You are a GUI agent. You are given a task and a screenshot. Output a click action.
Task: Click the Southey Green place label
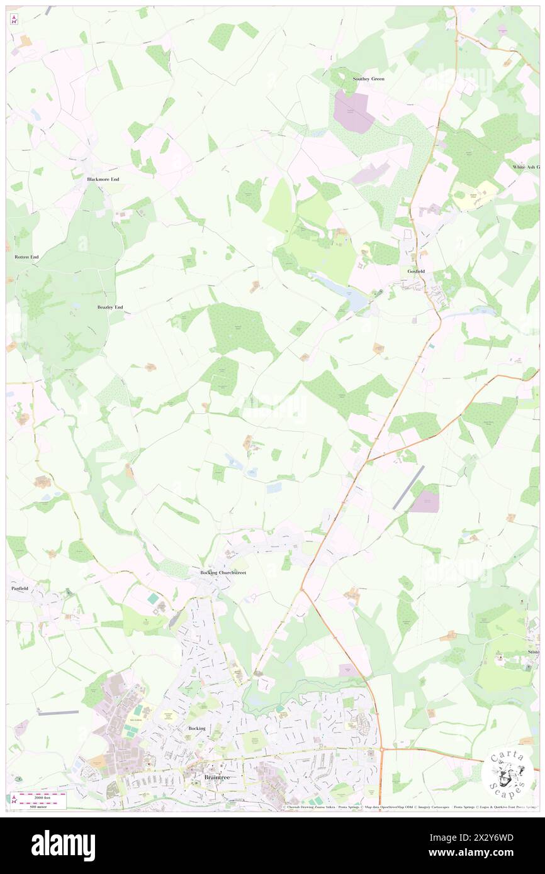click(368, 79)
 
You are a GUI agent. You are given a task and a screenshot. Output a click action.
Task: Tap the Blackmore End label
click(103, 179)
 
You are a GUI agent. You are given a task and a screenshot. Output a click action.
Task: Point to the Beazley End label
click(110, 307)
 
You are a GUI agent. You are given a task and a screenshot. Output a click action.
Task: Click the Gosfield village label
click(416, 271)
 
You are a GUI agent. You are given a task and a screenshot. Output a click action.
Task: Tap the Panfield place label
click(21, 589)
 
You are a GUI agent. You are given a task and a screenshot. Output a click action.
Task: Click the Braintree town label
click(216, 777)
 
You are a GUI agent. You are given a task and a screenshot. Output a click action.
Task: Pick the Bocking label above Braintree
click(197, 728)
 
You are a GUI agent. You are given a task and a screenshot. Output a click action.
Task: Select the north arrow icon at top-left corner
click(14, 19)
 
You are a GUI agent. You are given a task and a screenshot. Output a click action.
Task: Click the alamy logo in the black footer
click(64, 845)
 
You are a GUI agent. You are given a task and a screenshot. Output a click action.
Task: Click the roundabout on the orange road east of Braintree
click(381, 750)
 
